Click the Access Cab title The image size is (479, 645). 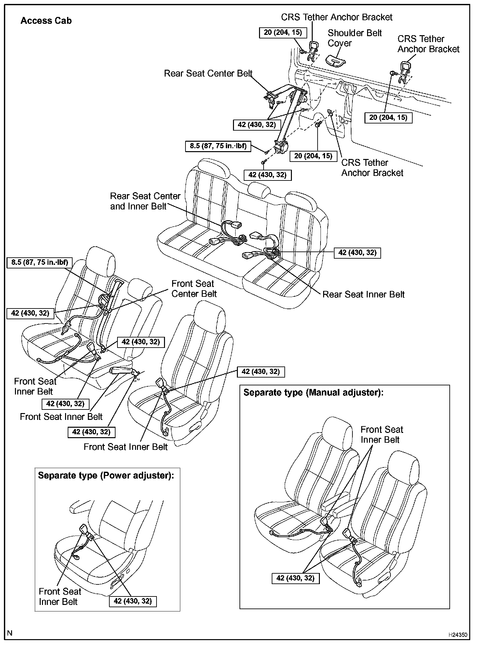click(x=46, y=21)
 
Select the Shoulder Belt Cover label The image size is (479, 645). click(x=354, y=38)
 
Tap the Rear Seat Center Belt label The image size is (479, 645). click(x=208, y=73)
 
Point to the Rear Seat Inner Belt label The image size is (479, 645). click(x=363, y=294)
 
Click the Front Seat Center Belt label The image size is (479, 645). click(x=194, y=289)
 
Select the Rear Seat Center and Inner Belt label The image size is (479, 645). click(x=145, y=201)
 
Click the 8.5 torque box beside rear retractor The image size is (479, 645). click(x=218, y=146)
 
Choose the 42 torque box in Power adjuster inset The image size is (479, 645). click(x=132, y=601)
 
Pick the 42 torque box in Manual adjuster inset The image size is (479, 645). click(x=295, y=578)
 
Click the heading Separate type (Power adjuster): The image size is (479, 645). click(x=106, y=475)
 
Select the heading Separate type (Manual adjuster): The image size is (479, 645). click(x=313, y=392)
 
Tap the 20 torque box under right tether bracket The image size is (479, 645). click(x=388, y=118)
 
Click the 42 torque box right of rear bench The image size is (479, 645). click(x=357, y=253)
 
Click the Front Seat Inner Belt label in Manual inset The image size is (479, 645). click(x=381, y=435)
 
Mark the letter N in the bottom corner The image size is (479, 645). click(x=10, y=633)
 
